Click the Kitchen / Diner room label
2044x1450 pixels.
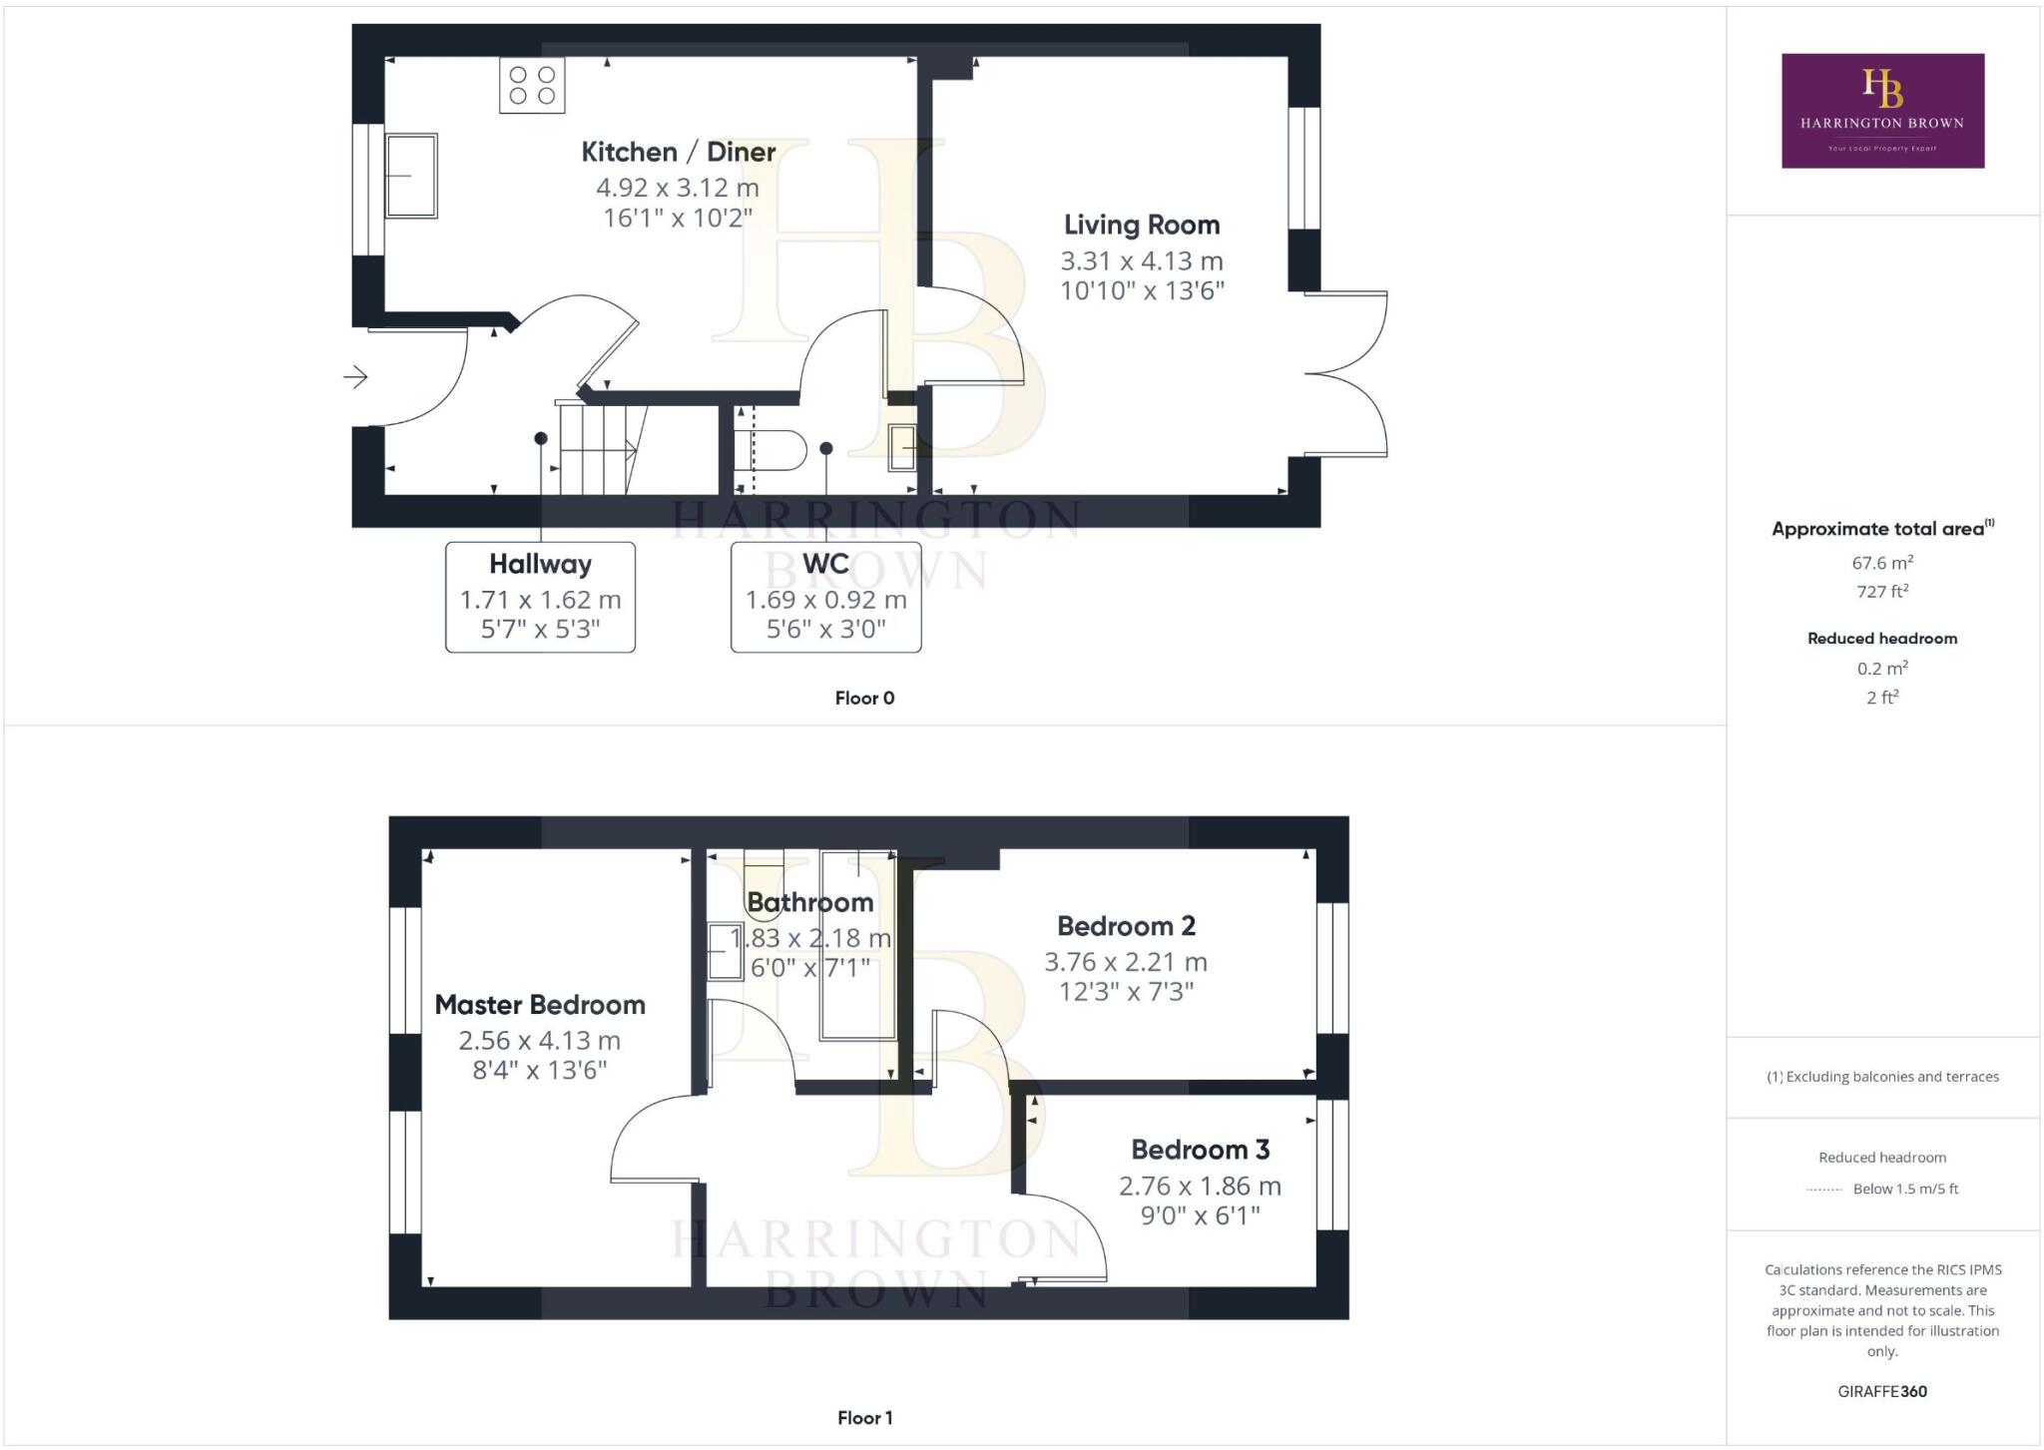[x=679, y=152]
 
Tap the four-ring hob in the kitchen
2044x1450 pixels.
[x=532, y=85]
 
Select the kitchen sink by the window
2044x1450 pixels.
[x=411, y=176]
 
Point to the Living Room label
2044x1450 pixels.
[x=1142, y=225]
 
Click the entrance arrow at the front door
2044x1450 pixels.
[x=356, y=377]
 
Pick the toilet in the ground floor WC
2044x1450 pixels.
[x=770, y=450]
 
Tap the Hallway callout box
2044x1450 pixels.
[x=540, y=597]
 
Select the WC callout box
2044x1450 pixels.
[x=825, y=597]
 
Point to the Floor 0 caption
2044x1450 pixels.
[x=864, y=698]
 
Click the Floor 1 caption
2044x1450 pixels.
[x=864, y=1417]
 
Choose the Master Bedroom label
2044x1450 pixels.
[x=540, y=1005]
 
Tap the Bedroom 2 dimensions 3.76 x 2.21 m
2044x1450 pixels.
[x=1126, y=962]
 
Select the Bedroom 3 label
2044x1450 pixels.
[x=1201, y=1150]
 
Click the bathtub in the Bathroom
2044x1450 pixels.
[x=858, y=945]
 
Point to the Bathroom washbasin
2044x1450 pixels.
[x=726, y=952]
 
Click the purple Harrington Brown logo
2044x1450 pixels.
[x=1882, y=111]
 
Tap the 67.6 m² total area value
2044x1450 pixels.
[x=1882, y=562]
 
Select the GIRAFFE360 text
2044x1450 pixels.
[x=1882, y=1391]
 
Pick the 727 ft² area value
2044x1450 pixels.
[x=1882, y=591]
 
